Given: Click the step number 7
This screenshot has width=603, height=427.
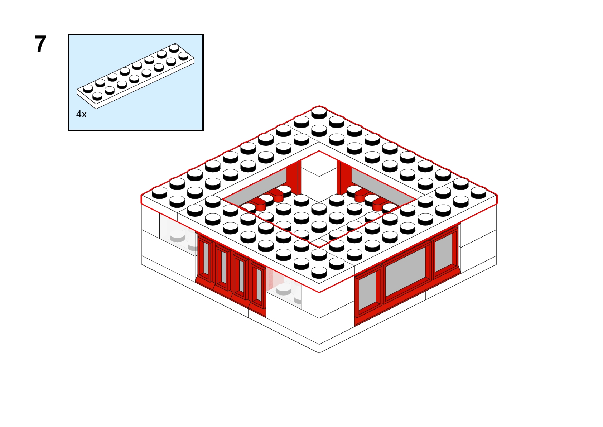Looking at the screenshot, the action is pyautogui.click(x=41, y=44).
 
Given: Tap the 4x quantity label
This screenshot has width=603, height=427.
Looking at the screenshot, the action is pyautogui.click(x=81, y=114).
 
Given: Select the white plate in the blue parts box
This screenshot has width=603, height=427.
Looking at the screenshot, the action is pyautogui.click(x=136, y=76).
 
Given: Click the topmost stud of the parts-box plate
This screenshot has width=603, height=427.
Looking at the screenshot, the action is pyautogui.click(x=174, y=48).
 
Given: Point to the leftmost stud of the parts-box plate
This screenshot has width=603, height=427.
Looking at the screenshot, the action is pyautogui.click(x=88, y=88).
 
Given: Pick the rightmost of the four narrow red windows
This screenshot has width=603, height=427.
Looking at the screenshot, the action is pyautogui.click(x=259, y=286).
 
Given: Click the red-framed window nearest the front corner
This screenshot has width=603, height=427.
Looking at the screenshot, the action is pyautogui.click(x=368, y=291).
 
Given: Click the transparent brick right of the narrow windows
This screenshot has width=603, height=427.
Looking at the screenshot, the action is pyautogui.click(x=284, y=287).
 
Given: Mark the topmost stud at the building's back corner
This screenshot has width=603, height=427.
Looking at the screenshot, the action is pyautogui.click(x=319, y=112).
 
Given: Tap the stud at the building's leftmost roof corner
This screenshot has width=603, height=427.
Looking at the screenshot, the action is pyautogui.click(x=160, y=193).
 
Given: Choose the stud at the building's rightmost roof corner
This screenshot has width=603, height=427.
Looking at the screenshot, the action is pyautogui.click(x=478, y=193).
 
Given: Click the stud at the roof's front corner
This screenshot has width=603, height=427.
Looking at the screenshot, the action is pyautogui.click(x=319, y=272).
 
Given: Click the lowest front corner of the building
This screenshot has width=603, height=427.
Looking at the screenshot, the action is pyautogui.click(x=319, y=353).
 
